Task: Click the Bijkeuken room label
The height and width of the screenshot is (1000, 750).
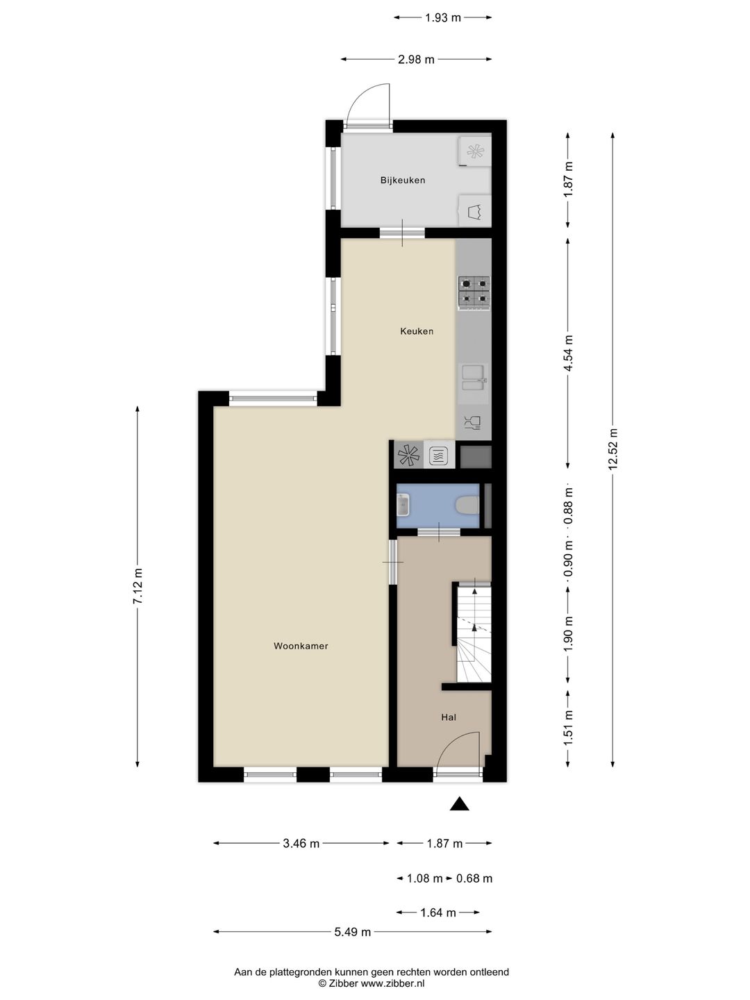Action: click(403, 181)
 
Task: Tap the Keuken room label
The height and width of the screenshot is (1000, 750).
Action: click(416, 331)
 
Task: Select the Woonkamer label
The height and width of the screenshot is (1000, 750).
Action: click(301, 646)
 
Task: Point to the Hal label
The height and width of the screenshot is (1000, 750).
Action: click(448, 717)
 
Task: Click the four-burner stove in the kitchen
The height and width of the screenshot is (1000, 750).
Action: click(474, 293)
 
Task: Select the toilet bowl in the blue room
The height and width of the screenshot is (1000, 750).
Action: click(467, 506)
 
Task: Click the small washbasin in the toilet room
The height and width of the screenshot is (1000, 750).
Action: click(403, 506)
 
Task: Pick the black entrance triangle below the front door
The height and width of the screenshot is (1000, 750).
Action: click(459, 804)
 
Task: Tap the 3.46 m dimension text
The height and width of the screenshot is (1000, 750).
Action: click(301, 843)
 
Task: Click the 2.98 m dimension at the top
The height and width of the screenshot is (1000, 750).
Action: click(416, 59)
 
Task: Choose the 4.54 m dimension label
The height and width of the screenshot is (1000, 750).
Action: click(567, 353)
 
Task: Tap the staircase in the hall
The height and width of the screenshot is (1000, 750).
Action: click(474, 632)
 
